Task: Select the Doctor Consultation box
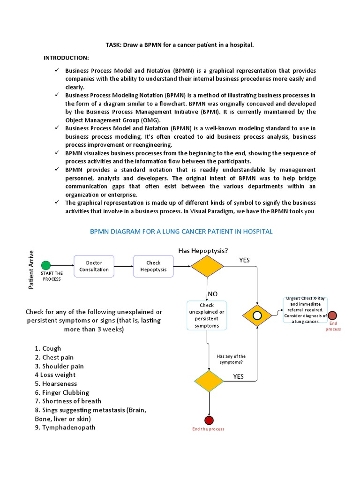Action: [94, 266]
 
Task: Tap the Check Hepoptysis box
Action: [153, 266]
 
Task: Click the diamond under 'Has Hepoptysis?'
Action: [207, 266]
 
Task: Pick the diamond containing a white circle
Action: [257, 315]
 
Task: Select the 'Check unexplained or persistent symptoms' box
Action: [207, 315]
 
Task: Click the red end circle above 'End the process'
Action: [209, 420]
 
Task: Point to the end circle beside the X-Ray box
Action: [332, 315]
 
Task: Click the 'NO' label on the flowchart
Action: [213, 293]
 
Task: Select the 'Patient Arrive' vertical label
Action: [31, 270]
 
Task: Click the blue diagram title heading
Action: [180, 232]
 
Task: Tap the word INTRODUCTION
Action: [66, 58]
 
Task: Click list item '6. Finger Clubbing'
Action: [62, 392]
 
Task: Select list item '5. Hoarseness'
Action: [56, 383]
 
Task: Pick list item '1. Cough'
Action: [48, 348]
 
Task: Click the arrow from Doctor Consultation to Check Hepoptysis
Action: [124, 266]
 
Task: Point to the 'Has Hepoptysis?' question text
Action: [203, 251]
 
